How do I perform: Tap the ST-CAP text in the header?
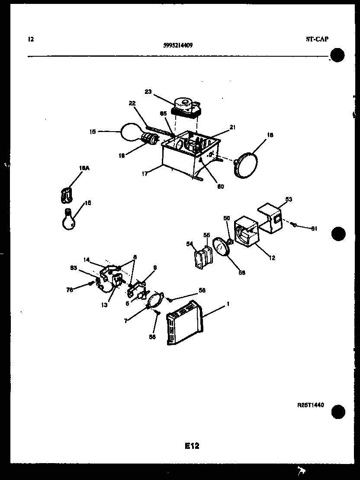(317, 39)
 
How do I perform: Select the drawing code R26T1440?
(310, 405)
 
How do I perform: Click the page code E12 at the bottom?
(192, 446)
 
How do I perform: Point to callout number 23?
(148, 91)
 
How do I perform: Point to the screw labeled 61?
(293, 224)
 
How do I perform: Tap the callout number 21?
(232, 127)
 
